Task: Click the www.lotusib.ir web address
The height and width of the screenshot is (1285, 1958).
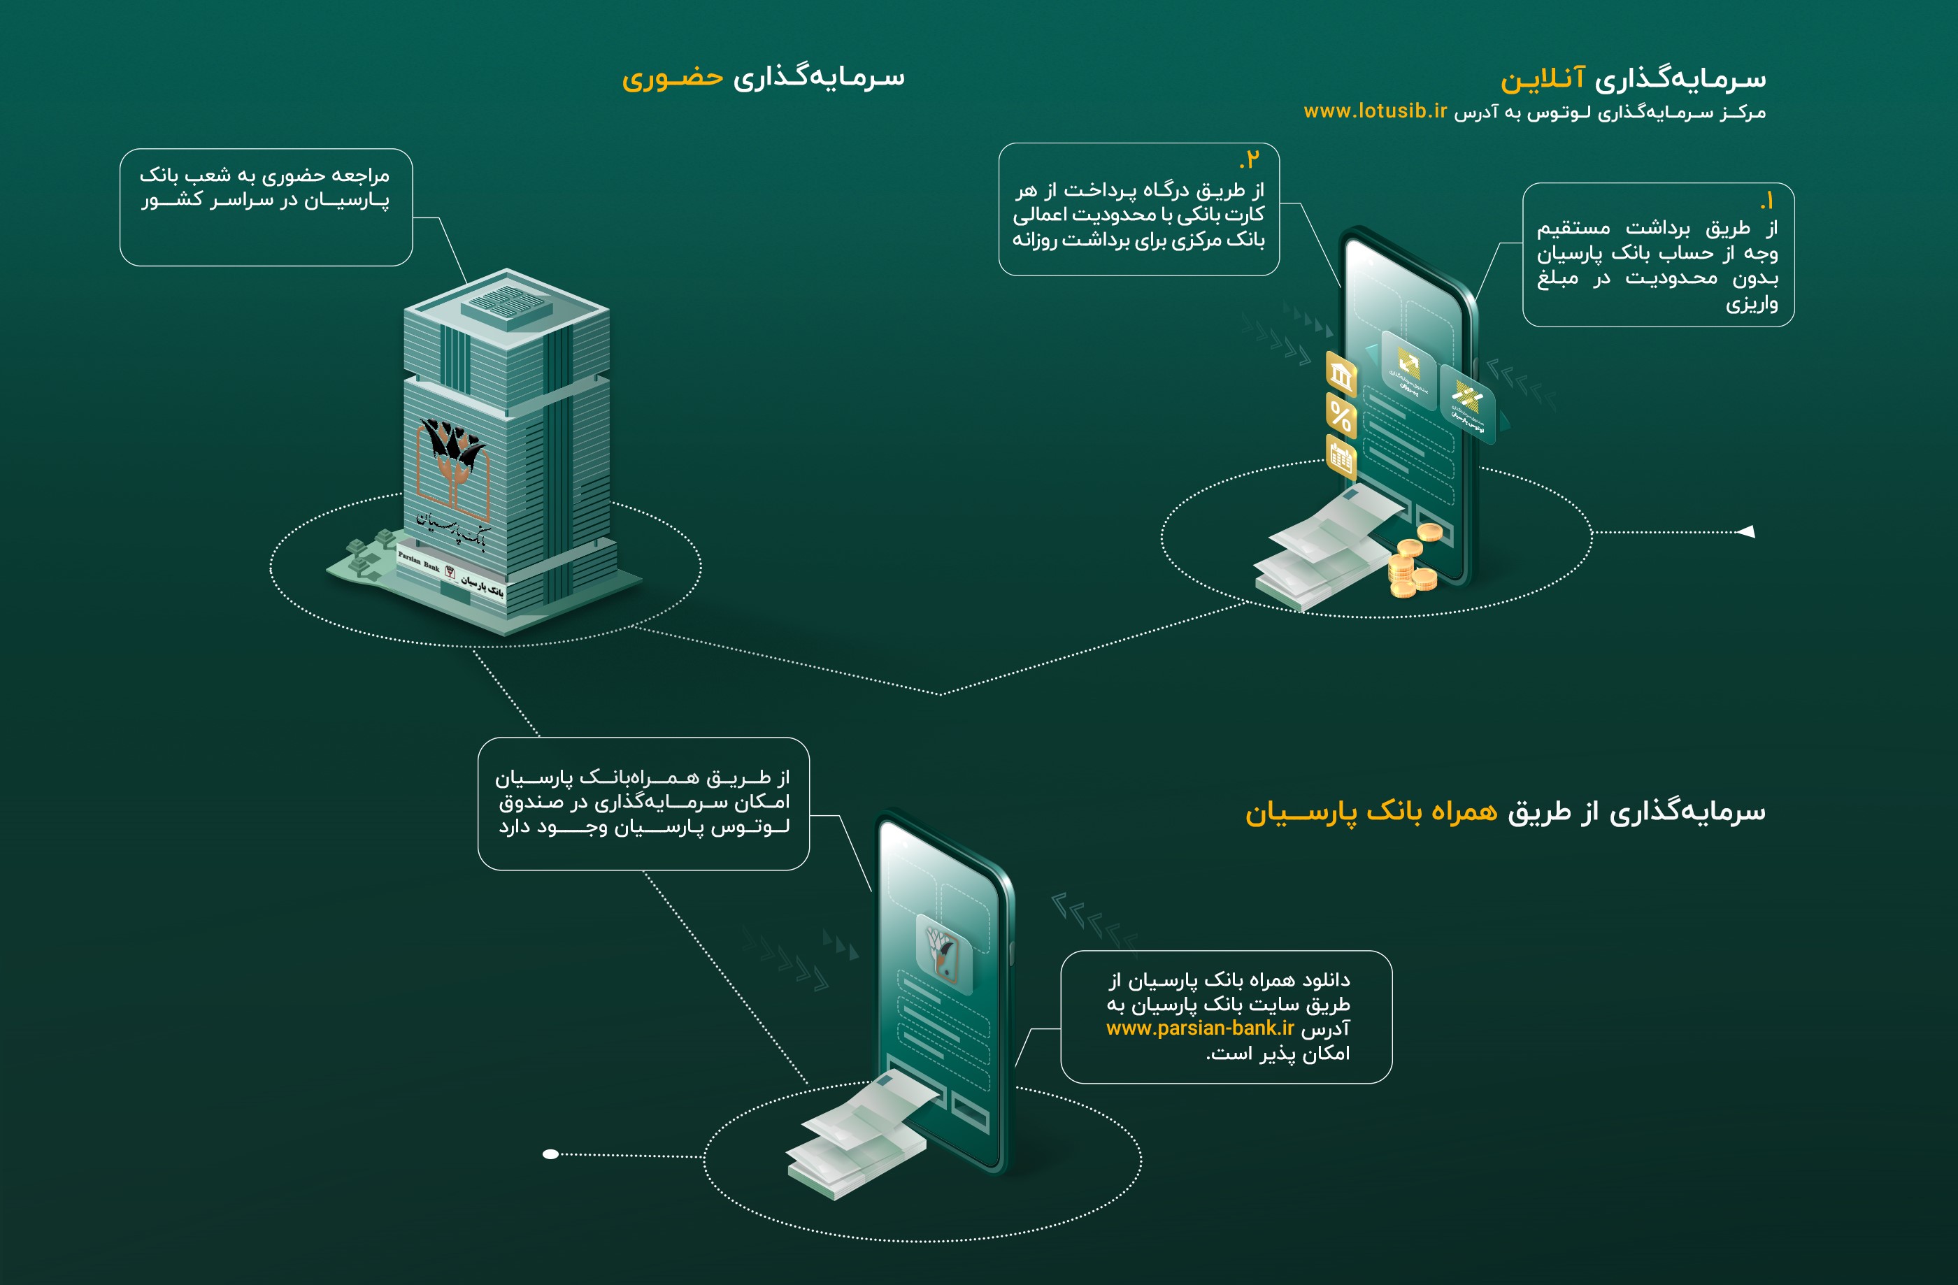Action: tap(1375, 111)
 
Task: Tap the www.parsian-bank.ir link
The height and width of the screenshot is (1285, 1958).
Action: tap(1199, 1028)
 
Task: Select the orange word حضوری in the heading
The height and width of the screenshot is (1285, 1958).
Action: tap(672, 78)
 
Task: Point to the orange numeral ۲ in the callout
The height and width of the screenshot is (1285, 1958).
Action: tap(1251, 159)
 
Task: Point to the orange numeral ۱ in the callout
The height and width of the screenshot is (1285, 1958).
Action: tap(1767, 201)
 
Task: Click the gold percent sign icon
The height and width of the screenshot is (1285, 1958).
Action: tap(1340, 416)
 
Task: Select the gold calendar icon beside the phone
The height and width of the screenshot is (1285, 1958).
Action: tap(1341, 458)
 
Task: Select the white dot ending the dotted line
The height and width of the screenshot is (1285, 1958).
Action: tap(550, 1154)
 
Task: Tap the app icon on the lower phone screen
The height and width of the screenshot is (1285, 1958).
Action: tap(943, 954)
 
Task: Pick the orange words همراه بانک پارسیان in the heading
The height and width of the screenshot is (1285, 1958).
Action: tap(1371, 813)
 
